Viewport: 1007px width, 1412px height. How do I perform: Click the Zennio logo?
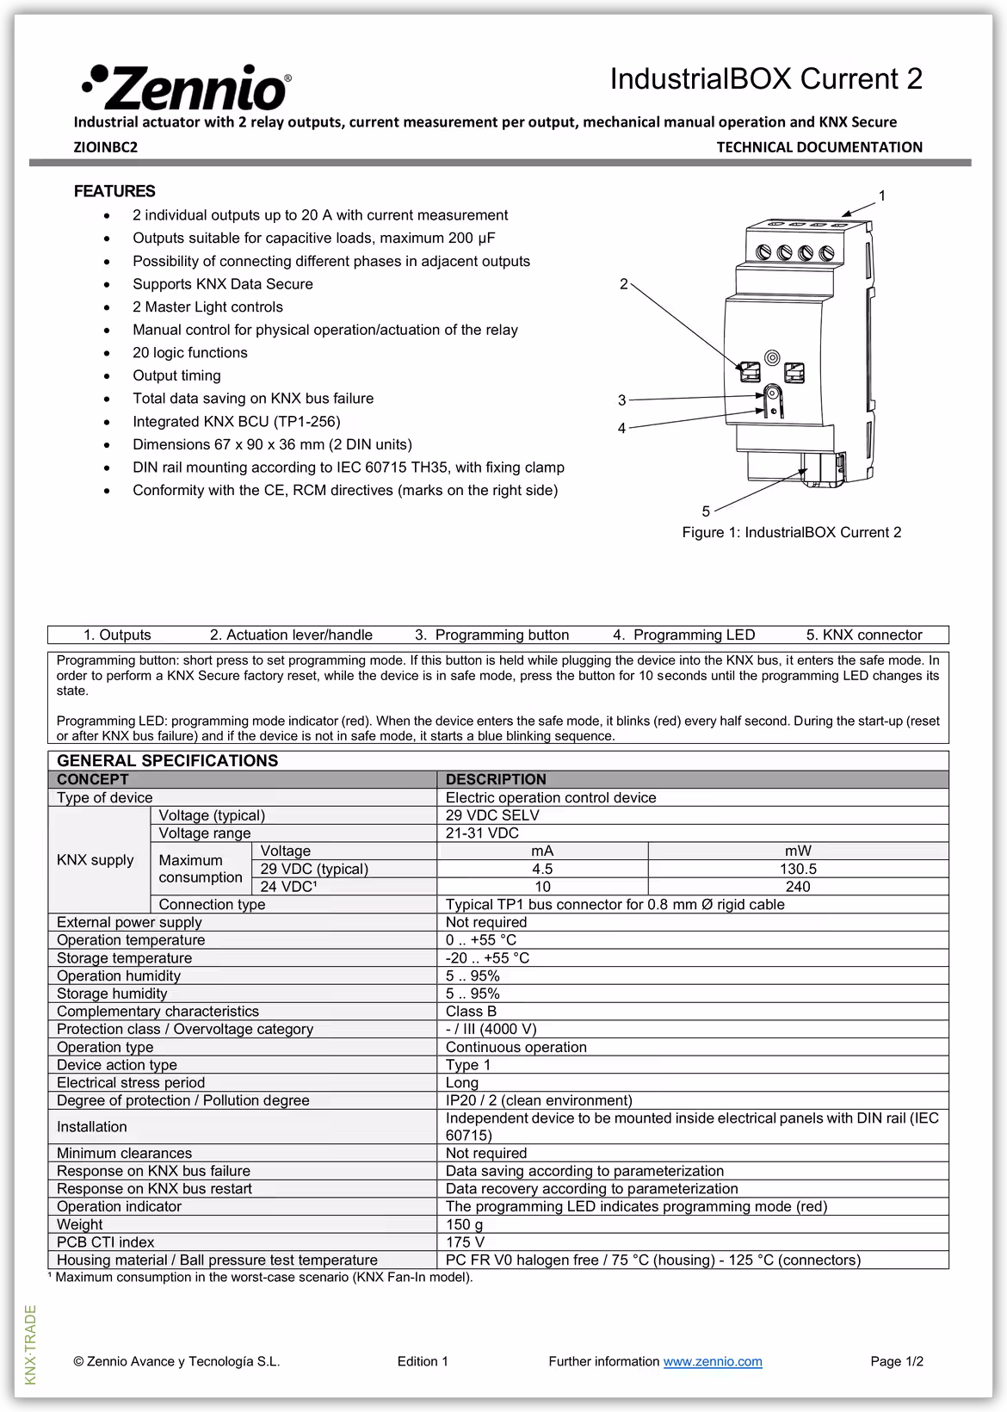click(x=186, y=87)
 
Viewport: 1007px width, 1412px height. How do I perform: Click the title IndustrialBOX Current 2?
click(x=766, y=79)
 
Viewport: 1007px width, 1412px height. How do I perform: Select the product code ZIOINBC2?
click(x=105, y=147)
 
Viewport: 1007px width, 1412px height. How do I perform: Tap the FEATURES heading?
click(x=114, y=191)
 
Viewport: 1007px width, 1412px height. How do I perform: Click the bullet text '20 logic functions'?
click(x=189, y=353)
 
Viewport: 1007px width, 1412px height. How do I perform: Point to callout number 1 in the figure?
click(x=881, y=196)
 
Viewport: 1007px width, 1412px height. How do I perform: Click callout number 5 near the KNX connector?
click(x=706, y=511)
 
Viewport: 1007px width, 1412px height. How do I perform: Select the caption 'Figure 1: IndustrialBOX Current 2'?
click(x=791, y=532)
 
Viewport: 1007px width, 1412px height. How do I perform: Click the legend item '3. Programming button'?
click(x=491, y=635)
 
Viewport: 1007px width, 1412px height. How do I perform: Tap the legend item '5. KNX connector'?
click(x=863, y=635)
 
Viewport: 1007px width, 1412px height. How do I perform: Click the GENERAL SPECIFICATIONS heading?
click(x=167, y=760)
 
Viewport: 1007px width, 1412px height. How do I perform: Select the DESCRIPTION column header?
click(x=496, y=779)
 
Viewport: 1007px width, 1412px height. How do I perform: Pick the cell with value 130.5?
click(x=798, y=869)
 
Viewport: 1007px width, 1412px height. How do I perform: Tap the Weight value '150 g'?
click(x=464, y=1224)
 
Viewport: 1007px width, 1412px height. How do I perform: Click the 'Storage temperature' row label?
click(x=124, y=958)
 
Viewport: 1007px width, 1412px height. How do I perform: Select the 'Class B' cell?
click(x=471, y=1012)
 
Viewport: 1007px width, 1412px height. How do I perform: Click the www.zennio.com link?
click(x=712, y=1361)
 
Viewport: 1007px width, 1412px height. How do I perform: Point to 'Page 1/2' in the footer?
click(x=896, y=1361)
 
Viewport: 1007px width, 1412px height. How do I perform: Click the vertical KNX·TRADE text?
click(x=31, y=1345)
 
